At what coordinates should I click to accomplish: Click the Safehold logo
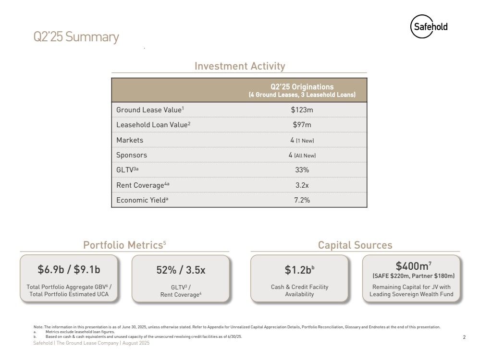coord(429,27)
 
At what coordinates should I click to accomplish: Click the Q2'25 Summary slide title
coord(76,37)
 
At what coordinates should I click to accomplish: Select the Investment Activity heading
coord(239,66)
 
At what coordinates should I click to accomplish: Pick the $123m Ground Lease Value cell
coord(302,110)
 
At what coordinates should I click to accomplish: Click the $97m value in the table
coord(302,125)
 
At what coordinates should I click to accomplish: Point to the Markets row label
coord(130,140)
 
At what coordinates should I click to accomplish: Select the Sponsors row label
coord(132,155)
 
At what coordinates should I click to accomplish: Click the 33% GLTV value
coord(302,170)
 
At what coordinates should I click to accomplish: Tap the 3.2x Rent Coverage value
coord(302,185)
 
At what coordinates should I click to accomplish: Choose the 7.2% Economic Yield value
coord(302,200)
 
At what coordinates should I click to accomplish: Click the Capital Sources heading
coord(355,245)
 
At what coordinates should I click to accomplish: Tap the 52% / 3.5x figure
coord(181,270)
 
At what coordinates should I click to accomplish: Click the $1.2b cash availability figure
coord(299,270)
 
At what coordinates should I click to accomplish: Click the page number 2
coord(464,337)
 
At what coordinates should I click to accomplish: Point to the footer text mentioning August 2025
coord(91,344)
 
